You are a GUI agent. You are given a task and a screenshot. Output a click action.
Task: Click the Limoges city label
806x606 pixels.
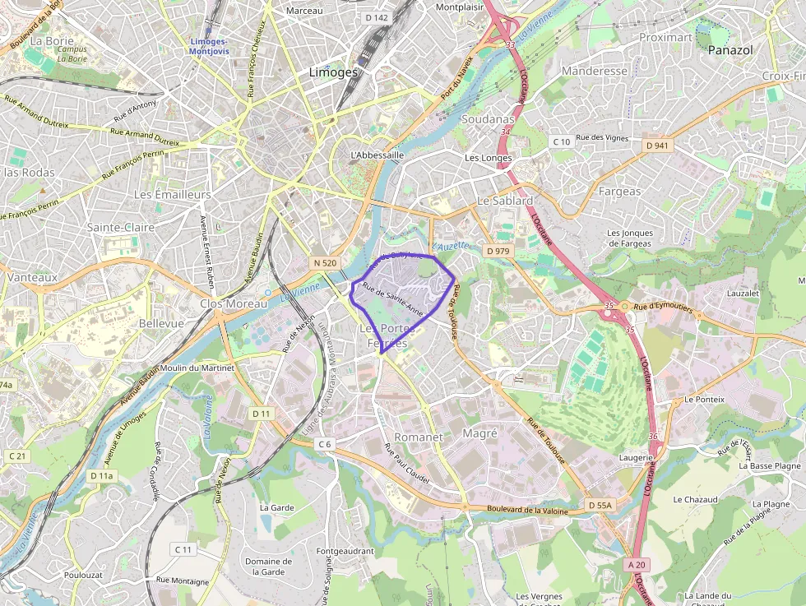click(x=333, y=72)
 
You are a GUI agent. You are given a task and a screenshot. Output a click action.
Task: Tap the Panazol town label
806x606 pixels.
click(x=730, y=50)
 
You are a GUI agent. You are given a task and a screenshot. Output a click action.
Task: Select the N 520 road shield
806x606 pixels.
click(x=325, y=262)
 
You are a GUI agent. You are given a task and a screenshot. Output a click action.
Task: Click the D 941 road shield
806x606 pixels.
click(x=658, y=146)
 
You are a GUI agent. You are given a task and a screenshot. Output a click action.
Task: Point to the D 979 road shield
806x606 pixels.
click(x=498, y=251)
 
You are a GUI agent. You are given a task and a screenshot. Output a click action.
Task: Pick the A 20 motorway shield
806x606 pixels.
click(x=638, y=565)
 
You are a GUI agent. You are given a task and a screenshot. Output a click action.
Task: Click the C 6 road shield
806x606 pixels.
click(x=325, y=444)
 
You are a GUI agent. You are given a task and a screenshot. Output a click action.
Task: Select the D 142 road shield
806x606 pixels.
click(x=376, y=17)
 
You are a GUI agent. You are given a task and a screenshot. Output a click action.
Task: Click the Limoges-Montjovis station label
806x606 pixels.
click(x=209, y=46)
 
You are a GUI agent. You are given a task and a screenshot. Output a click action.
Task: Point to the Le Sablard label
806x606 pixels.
click(x=506, y=201)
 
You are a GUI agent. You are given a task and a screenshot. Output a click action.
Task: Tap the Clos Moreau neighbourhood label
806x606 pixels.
click(x=234, y=303)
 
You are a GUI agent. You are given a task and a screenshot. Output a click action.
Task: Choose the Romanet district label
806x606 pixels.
click(x=419, y=437)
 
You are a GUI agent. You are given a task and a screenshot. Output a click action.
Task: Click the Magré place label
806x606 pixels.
click(x=480, y=433)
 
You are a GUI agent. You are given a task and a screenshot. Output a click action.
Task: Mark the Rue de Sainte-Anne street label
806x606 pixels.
click(x=393, y=300)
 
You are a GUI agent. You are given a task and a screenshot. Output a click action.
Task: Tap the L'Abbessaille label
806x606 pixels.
click(x=377, y=155)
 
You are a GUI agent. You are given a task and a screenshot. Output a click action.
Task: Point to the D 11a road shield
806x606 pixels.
click(x=103, y=475)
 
